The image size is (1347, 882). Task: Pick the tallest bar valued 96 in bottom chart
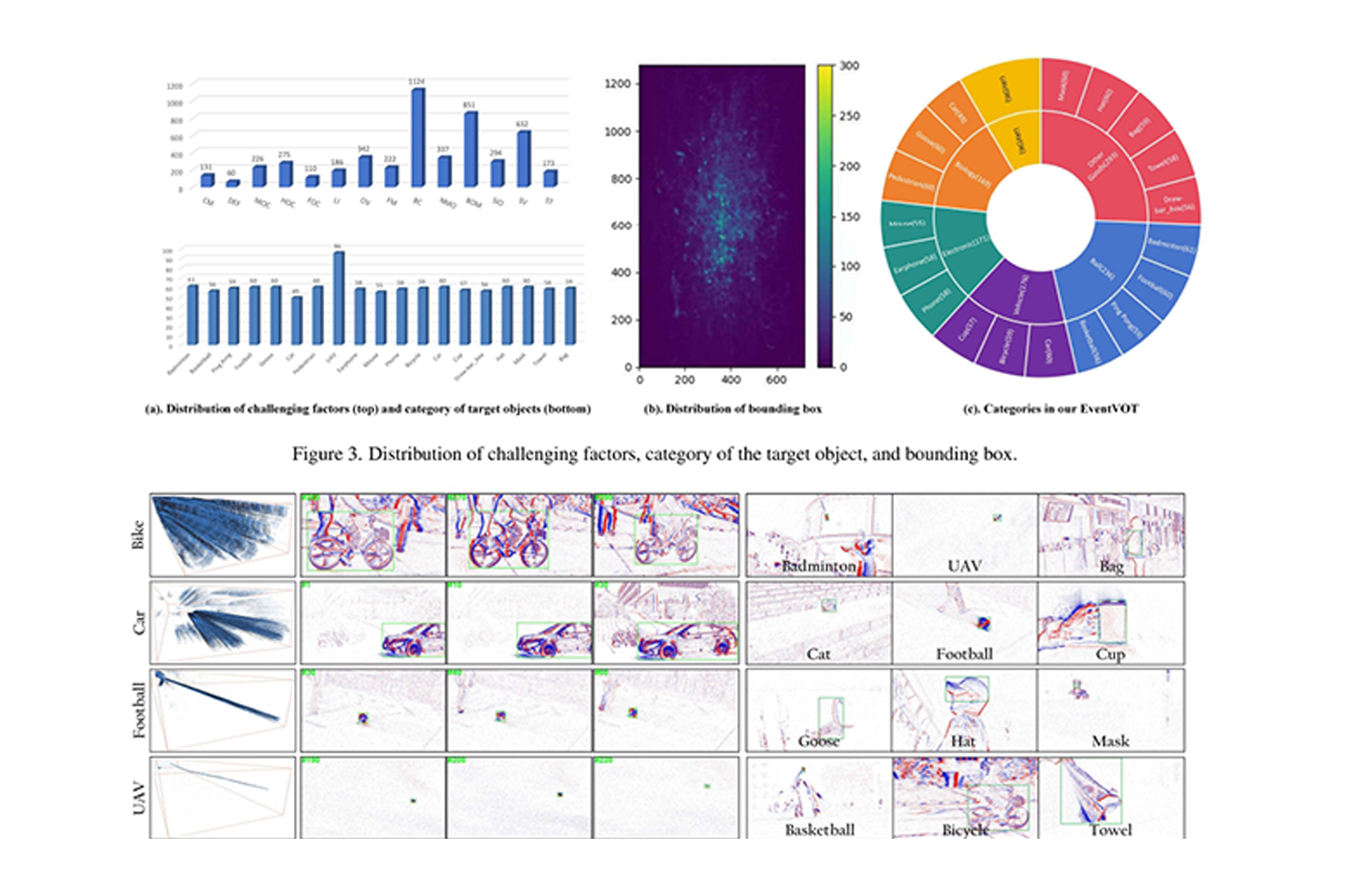(x=337, y=297)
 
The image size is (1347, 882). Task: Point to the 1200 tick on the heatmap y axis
(x=618, y=83)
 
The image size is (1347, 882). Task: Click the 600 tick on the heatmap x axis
(x=776, y=380)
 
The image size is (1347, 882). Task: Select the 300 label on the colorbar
(x=849, y=66)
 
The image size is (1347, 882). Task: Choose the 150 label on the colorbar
(x=849, y=216)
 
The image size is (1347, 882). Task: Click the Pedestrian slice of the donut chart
(x=909, y=185)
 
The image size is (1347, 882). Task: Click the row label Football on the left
(x=139, y=710)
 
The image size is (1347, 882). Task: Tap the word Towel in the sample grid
(x=1110, y=830)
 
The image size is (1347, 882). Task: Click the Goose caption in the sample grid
(x=818, y=742)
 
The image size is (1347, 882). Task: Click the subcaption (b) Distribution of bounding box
(x=732, y=408)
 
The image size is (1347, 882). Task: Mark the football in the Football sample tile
(x=984, y=624)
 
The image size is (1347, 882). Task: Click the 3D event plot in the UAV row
(x=222, y=797)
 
